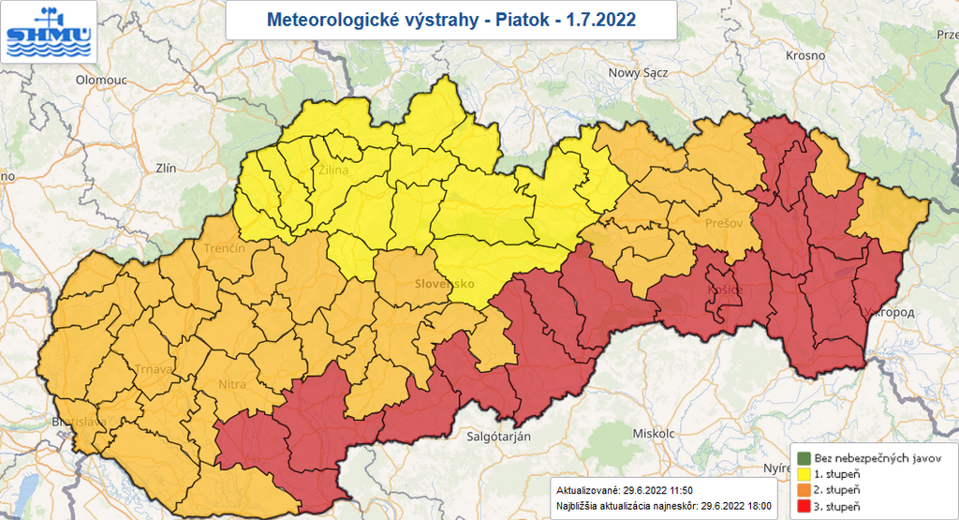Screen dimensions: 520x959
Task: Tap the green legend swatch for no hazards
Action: pos(804,457)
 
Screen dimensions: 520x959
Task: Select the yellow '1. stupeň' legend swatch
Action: pos(804,474)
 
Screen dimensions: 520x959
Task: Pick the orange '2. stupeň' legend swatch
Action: pos(804,490)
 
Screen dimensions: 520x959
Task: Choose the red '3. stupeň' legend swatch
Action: pos(804,506)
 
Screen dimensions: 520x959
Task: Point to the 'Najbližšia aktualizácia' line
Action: pos(664,505)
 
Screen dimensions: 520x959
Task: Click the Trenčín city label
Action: pos(224,249)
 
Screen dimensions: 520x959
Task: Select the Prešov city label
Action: pos(724,224)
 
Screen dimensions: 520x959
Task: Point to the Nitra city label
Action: pos(231,384)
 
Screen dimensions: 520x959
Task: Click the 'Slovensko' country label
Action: pos(446,283)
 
